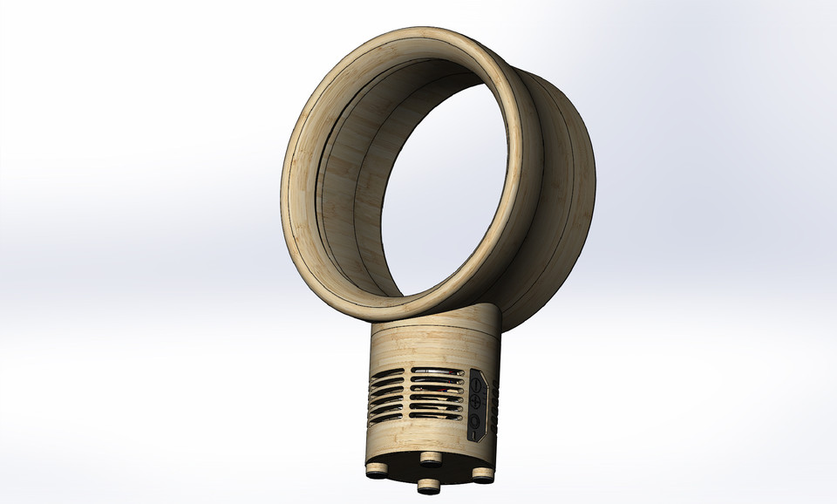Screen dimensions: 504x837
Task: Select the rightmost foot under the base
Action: [481, 473]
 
